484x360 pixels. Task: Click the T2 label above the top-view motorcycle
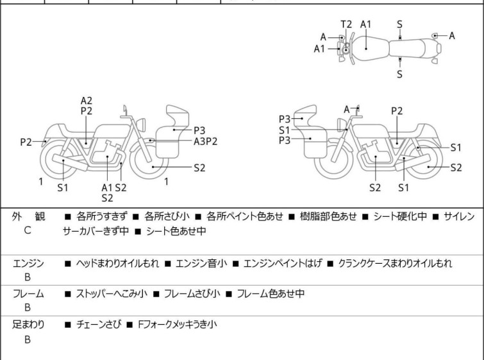coord(346,24)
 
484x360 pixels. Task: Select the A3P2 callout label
coord(206,141)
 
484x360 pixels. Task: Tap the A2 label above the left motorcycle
coord(87,100)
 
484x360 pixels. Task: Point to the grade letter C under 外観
coord(27,230)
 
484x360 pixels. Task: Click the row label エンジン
coord(28,263)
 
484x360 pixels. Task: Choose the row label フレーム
coord(28,294)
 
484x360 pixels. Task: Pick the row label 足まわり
coord(28,325)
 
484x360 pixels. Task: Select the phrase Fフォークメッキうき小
coord(177,325)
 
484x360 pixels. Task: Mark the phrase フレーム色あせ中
coord(271,294)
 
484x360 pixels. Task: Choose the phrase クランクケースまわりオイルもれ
coord(395,263)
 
